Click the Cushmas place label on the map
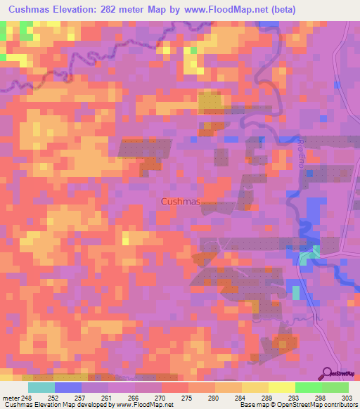[181, 202]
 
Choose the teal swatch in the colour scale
[41, 387]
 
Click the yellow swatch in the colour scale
[282, 387]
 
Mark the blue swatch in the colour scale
[68, 387]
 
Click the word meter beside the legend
[9, 398]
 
